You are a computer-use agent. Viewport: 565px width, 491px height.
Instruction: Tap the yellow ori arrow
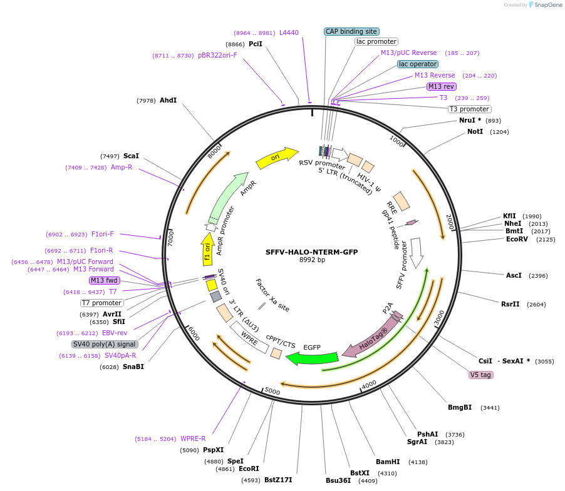click(276, 158)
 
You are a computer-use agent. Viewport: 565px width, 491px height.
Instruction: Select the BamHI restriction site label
click(388, 462)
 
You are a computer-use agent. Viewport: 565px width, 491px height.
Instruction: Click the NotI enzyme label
click(475, 132)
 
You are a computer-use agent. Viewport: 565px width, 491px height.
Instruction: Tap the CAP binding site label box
click(351, 31)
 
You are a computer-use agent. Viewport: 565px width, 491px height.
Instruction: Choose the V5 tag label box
click(480, 375)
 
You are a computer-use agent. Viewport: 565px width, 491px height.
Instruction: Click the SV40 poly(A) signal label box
click(105, 344)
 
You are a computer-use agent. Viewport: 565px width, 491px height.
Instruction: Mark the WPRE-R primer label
click(193, 438)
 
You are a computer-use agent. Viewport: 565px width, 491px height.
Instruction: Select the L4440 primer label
click(289, 33)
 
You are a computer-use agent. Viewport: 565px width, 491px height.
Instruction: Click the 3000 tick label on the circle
click(438, 315)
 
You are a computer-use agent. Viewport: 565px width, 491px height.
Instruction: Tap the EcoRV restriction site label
click(517, 239)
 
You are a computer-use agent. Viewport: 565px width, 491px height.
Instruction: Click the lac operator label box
click(418, 64)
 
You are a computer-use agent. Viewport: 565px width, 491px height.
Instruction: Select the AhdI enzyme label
click(168, 100)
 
